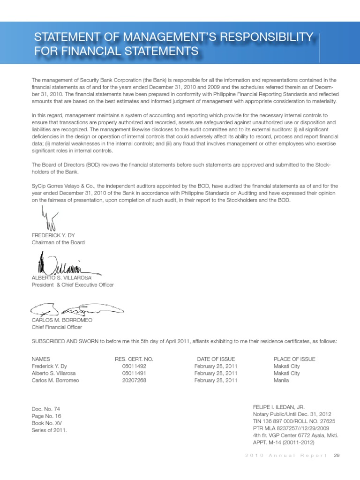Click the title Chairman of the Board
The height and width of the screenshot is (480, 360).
(x=58, y=242)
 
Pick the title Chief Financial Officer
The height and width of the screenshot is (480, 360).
(x=57, y=327)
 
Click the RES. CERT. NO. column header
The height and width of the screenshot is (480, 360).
(x=134, y=359)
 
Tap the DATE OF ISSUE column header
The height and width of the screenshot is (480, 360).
(x=216, y=359)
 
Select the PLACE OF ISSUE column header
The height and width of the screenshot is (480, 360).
(x=294, y=359)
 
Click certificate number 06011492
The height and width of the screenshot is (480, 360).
(x=134, y=366)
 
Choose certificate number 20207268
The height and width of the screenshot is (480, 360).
(x=134, y=381)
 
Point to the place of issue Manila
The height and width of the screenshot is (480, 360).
(x=281, y=381)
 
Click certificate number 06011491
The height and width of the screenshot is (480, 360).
(x=134, y=374)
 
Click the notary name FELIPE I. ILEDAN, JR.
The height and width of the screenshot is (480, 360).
(x=279, y=407)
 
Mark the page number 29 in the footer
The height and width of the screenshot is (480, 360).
(x=336, y=456)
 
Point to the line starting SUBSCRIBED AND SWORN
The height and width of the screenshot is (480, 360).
(x=184, y=341)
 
